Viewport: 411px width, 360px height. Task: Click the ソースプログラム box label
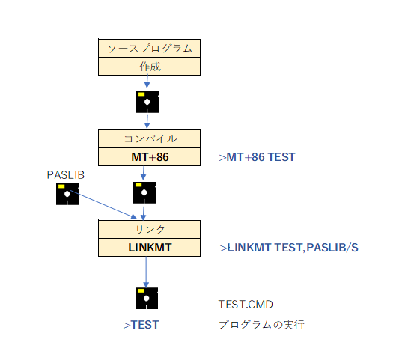point(150,48)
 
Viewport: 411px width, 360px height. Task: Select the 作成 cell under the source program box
point(150,67)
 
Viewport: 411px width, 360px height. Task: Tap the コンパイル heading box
point(150,138)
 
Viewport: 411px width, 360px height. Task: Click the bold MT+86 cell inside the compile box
point(150,157)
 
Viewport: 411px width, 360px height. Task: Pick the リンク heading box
point(150,229)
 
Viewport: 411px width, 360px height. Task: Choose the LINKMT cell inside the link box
point(150,247)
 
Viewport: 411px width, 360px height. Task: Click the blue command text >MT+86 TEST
point(257,157)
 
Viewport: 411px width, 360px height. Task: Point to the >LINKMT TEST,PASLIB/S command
point(289,248)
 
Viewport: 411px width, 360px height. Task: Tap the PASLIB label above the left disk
point(66,175)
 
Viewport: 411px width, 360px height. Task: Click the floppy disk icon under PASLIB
point(67,194)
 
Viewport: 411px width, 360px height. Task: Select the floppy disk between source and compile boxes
point(147,102)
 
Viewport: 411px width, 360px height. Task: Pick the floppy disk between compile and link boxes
point(144,192)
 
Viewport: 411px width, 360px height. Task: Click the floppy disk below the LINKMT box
point(147,298)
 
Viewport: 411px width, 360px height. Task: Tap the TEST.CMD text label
point(246,305)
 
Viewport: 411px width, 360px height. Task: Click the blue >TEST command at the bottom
point(141,325)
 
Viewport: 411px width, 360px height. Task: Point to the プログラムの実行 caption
point(261,325)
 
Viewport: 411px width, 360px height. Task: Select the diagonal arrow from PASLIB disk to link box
point(103,204)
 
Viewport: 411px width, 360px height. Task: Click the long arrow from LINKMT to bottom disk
point(146,272)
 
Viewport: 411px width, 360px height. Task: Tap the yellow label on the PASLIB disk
point(61,186)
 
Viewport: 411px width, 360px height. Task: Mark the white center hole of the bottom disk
point(147,298)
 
